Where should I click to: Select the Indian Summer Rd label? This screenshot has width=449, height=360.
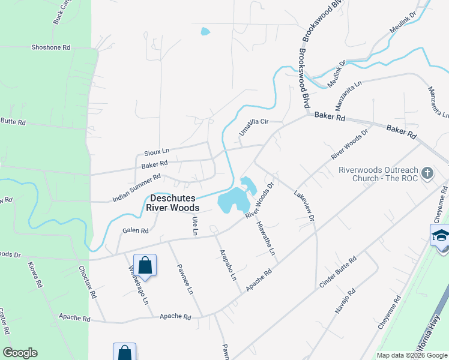click(x=137, y=188)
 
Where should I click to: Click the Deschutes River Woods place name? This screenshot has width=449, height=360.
click(x=175, y=202)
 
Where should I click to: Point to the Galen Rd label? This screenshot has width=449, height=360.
click(x=135, y=230)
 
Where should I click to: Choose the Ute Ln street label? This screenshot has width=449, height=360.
click(x=194, y=226)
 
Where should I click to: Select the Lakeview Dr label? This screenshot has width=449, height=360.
click(x=304, y=206)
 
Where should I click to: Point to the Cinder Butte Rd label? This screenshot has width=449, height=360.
click(x=338, y=272)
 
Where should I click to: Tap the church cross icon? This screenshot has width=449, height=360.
click(x=427, y=173)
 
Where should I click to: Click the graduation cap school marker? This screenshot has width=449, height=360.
click(x=440, y=236)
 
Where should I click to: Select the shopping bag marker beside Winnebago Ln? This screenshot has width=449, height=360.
click(x=145, y=264)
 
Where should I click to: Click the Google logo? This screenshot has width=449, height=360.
click(x=20, y=353)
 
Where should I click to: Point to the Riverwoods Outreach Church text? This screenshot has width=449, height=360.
click(x=378, y=174)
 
